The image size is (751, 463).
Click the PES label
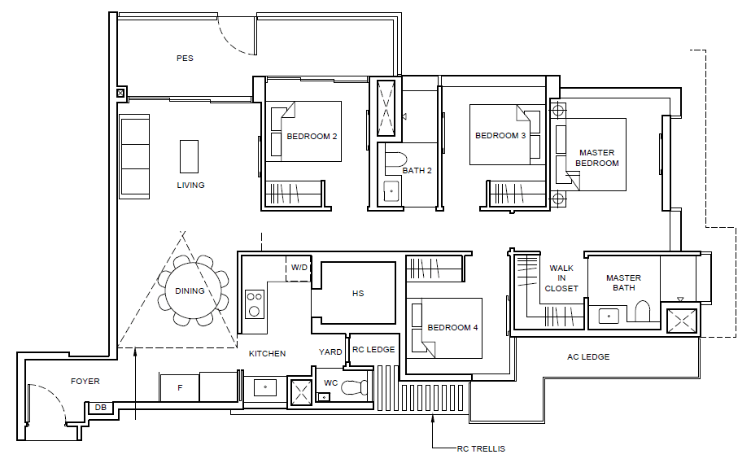[x=185, y=59]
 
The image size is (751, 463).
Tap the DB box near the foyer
[x=101, y=408]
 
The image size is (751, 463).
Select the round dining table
[x=190, y=290]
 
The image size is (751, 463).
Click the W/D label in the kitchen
[x=299, y=267]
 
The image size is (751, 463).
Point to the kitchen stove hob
[x=255, y=304]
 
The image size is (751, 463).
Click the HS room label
[x=358, y=294]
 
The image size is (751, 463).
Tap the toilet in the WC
[x=355, y=387]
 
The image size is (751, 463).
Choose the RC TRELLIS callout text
[x=481, y=449]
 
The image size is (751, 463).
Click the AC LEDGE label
[x=588, y=356]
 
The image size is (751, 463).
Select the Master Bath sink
[x=609, y=316]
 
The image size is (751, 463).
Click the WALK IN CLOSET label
[x=561, y=278]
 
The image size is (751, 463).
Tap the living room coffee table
[x=190, y=156]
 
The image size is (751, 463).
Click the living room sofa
[x=135, y=156]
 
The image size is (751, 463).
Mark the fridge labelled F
[x=180, y=388]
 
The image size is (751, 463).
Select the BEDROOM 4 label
[x=452, y=327]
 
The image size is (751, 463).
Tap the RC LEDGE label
[x=373, y=350]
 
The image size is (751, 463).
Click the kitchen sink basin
[x=265, y=387]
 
